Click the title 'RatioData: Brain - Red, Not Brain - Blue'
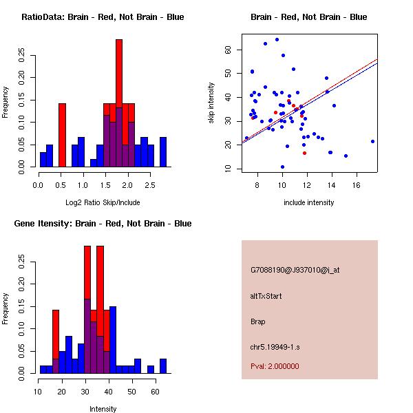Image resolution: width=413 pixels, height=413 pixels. [x=103, y=17]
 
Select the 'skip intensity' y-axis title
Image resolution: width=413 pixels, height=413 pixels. [x=212, y=104]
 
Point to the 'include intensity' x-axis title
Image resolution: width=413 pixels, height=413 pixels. [x=308, y=202]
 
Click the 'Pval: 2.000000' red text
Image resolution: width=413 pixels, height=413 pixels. [x=275, y=366]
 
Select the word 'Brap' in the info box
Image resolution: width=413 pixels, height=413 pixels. [x=258, y=321]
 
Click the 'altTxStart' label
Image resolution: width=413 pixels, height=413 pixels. [x=266, y=296]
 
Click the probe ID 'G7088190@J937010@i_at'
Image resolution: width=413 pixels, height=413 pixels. [x=295, y=270]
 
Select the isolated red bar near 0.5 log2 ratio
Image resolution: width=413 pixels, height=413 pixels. [x=62, y=134]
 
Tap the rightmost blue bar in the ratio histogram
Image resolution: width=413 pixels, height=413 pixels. [x=163, y=151]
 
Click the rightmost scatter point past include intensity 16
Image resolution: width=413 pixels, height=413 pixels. [x=372, y=141]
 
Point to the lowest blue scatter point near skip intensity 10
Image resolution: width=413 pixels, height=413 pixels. [x=282, y=167]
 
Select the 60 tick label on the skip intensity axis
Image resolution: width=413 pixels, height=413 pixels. [x=229, y=50]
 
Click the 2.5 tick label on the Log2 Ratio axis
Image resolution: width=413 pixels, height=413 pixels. [x=149, y=185]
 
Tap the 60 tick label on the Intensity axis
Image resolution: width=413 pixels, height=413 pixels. [x=156, y=392]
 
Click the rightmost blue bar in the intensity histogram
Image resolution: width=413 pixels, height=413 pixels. [x=163, y=366]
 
